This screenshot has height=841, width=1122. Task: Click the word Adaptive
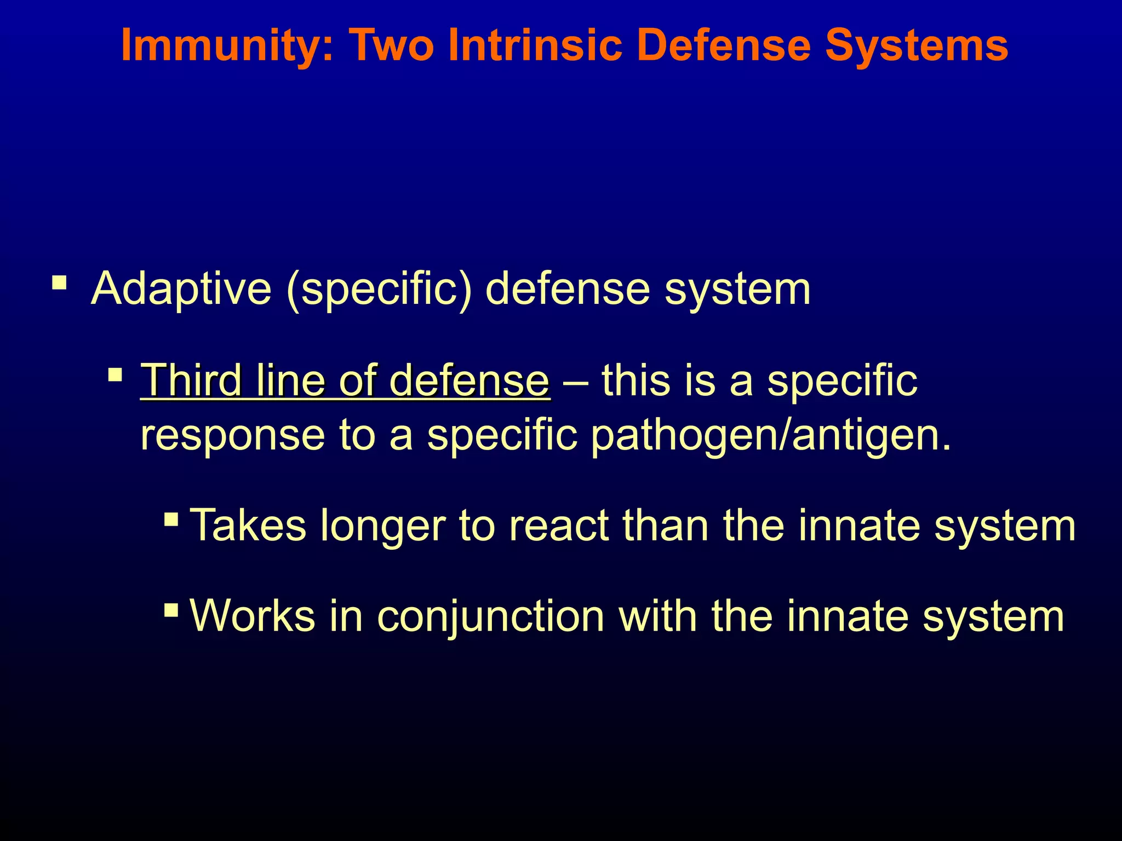181,289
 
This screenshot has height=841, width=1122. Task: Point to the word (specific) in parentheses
379,289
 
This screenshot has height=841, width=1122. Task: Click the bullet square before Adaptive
59,284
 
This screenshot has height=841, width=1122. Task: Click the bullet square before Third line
115,375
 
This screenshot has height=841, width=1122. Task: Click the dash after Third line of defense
575,381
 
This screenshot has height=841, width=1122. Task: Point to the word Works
253,616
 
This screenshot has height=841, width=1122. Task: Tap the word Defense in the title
724,45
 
